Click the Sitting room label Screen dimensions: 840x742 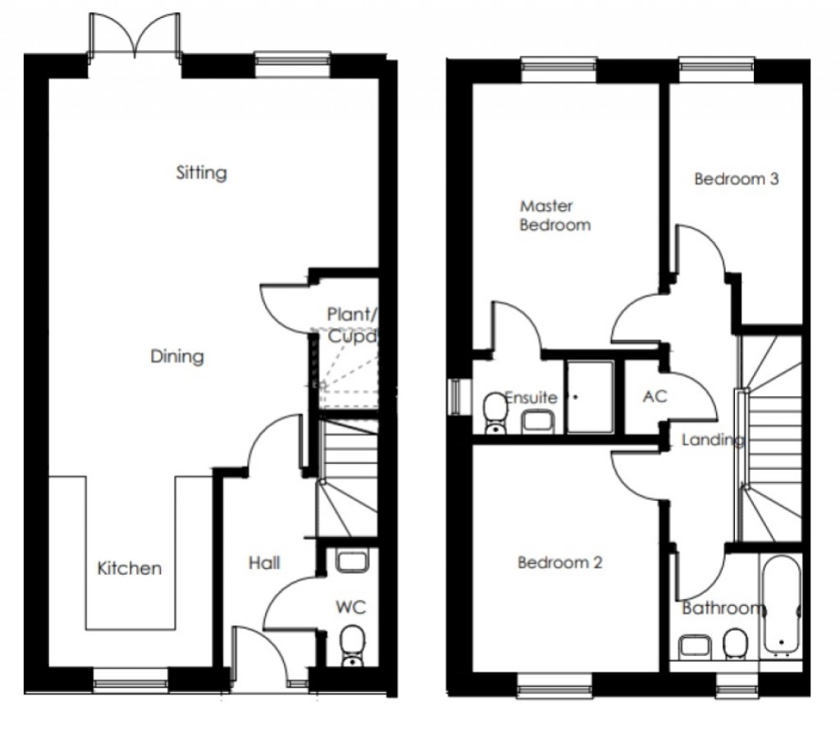click(202, 173)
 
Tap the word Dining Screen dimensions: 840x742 click(177, 356)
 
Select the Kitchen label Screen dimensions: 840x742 click(129, 568)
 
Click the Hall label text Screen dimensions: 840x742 click(264, 562)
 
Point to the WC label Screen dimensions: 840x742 click(351, 607)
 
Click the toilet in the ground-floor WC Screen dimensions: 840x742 click(353, 646)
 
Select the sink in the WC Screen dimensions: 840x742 click(351, 560)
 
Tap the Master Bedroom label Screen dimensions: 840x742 click(555, 215)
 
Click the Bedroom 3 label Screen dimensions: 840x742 click(736, 179)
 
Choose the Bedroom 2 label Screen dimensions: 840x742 click(559, 562)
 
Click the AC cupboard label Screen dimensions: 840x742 click(655, 396)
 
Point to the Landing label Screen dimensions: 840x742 click(713, 440)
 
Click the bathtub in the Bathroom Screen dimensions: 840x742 click(782, 605)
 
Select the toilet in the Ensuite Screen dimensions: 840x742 click(495, 412)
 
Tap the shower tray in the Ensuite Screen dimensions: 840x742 click(591, 396)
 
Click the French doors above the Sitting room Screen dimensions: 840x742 click(135, 34)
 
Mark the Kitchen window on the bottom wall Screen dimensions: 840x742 click(130, 680)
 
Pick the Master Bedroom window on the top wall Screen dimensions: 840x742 click(559, 70)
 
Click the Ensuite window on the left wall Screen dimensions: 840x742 click(454, 397)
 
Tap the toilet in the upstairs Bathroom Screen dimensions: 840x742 click(736, 644)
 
